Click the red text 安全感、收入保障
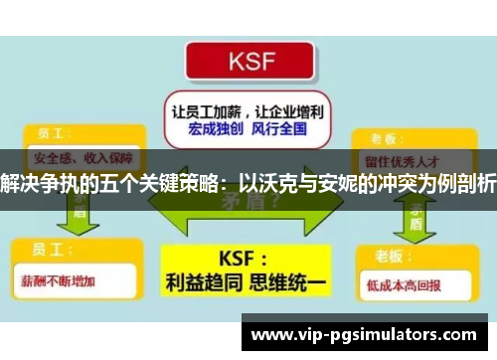click(72, 158)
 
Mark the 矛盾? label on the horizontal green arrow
click(250, 202)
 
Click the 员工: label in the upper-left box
click(50, 132)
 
